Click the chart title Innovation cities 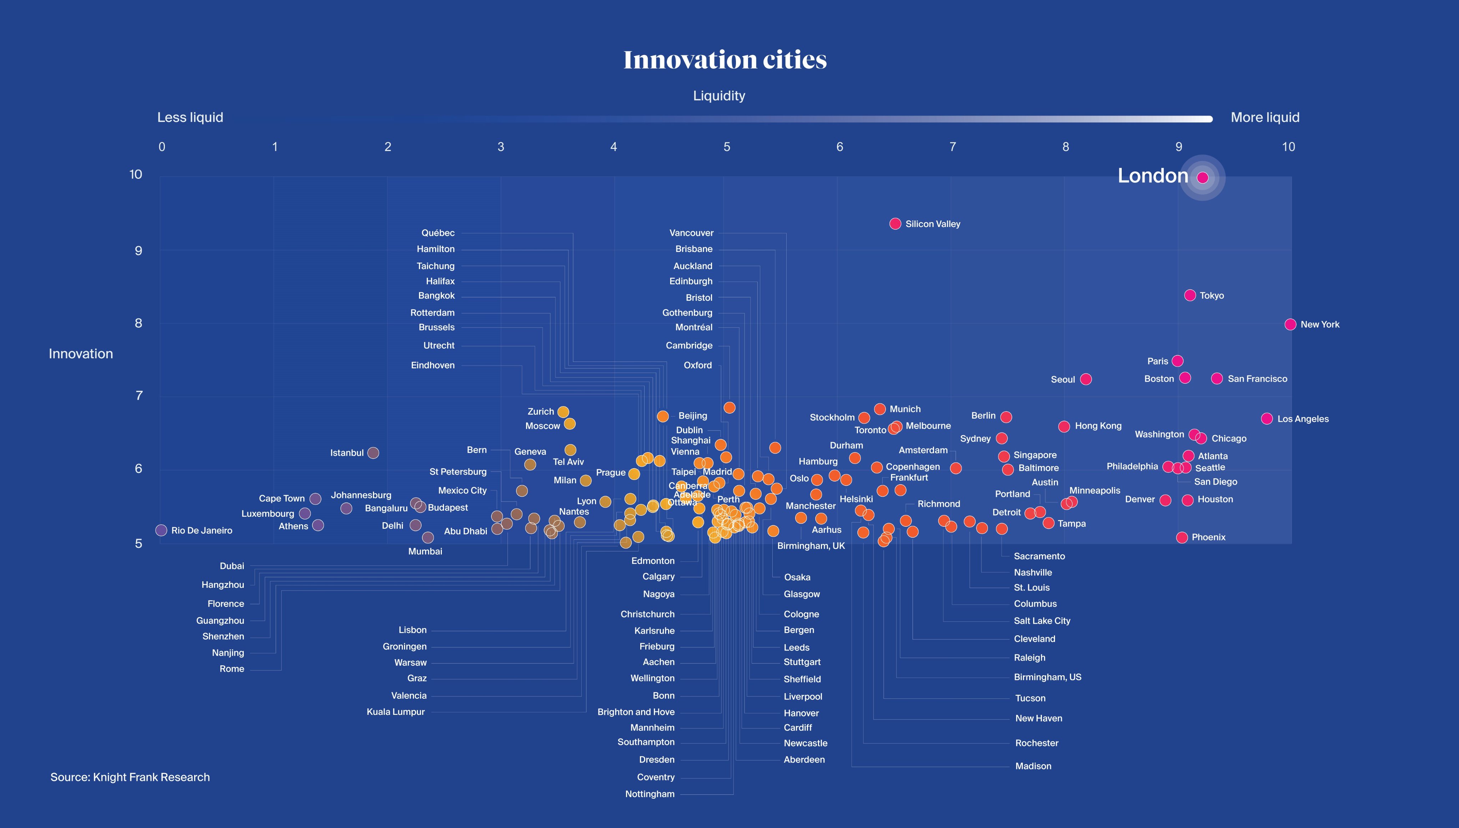[x=725, y=60]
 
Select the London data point [x=1202, y=177]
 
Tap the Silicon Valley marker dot [x=895, y=223]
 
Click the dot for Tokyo [x=1190, y=295]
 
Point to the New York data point [x=1290, y=324]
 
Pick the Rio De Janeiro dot [x=161, y=530]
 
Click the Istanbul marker [x=373, y=453]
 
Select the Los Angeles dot [x=1266, y=419]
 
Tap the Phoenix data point [x=1182, y=537]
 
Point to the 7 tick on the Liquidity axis [x=953, y=147]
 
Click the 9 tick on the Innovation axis [x=138, y=251]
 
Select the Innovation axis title [x=81, y=354]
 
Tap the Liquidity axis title [x=719, y=96]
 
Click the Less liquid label [x=190, y=117]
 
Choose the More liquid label [x=1264, y=117]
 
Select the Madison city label [x=1033, y=766]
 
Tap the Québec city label [x=438, y=233]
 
